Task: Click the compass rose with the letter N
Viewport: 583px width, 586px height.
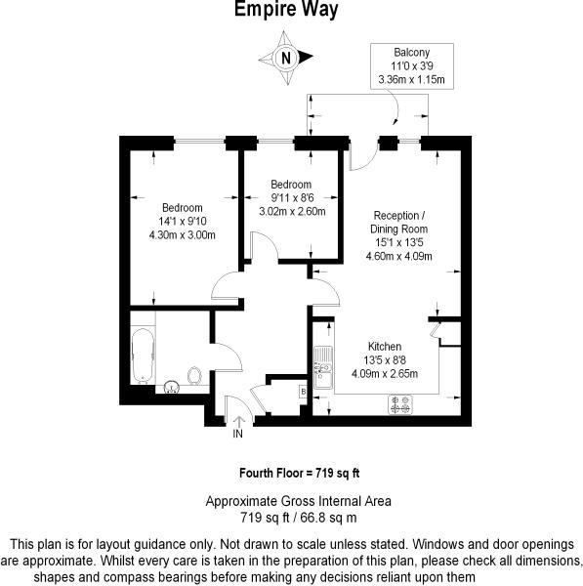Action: tap(285, 57)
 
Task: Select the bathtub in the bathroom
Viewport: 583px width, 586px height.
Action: tap(144, 356)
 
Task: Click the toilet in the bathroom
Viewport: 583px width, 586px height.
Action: tap(193, 375)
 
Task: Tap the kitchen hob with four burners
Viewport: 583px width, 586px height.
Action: tap(401, 400)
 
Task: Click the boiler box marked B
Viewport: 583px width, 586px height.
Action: tap(303, 391)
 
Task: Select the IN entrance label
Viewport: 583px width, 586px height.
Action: tap(237, 434)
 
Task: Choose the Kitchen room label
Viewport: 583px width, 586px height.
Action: tap(384, 347)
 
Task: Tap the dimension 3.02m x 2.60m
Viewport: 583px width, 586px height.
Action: tap(291, 211)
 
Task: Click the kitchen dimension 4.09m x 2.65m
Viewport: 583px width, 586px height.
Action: tap(384, 373)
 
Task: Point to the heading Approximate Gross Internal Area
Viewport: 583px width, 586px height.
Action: tap(298, 501)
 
